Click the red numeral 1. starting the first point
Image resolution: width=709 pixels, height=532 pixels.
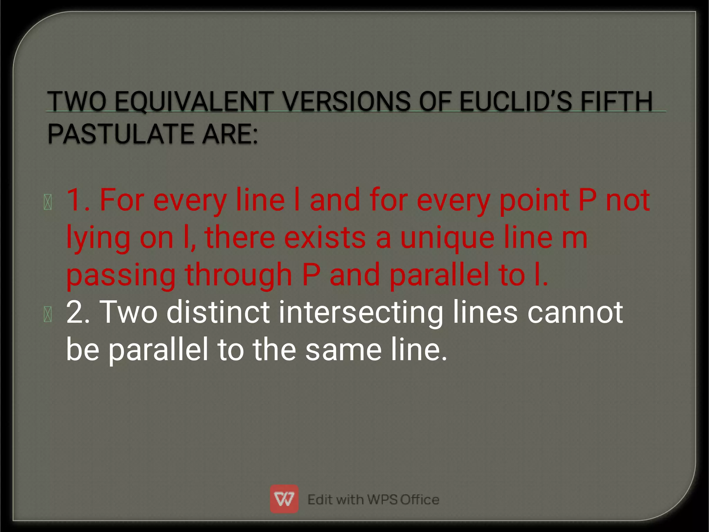[78, 200]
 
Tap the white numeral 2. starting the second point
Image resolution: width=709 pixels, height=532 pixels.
[78, 312]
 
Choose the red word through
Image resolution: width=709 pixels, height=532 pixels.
[239, 276]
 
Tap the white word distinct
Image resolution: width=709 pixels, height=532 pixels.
[218, 312]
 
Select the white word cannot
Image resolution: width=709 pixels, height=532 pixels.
[575, 312]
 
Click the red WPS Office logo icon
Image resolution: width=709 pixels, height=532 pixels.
[284, 499]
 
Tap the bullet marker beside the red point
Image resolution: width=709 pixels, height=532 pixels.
[48, 202]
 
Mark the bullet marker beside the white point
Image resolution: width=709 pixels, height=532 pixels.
[48, 314]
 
